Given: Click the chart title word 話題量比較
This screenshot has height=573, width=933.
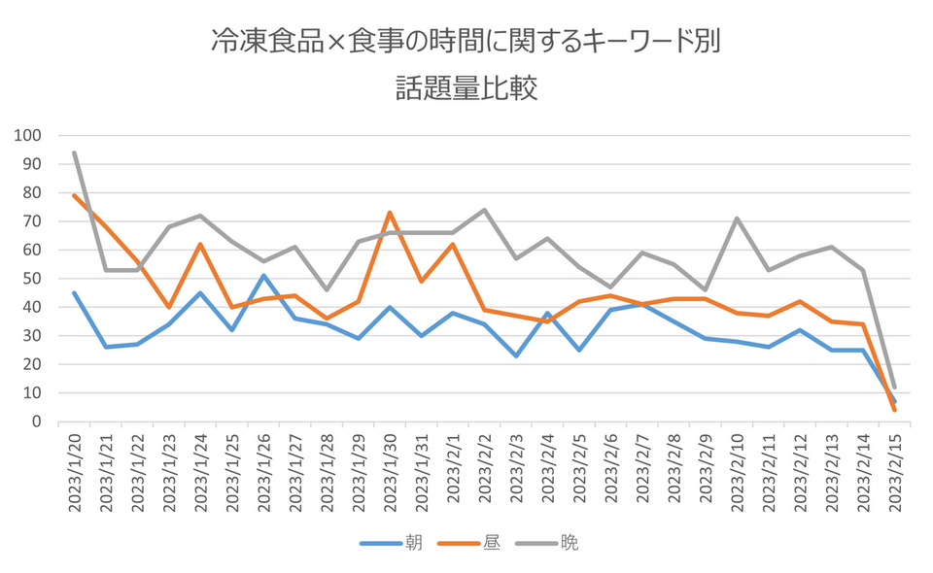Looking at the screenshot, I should (466, 89).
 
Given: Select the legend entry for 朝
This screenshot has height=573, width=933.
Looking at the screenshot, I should (413, 543).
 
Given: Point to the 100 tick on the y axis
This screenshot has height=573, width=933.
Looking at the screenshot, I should (29, 135).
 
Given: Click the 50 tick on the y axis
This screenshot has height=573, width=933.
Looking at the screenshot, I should (33, 279).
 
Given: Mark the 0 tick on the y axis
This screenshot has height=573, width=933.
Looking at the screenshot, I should (37, 421).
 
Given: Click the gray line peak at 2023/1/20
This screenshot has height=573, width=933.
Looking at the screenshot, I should (75, 152).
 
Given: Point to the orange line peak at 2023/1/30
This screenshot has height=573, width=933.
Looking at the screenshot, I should (390, 213).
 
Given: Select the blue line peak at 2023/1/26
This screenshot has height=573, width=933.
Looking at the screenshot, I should (263, 276).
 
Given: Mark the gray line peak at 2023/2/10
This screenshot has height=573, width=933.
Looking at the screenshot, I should (737, 219).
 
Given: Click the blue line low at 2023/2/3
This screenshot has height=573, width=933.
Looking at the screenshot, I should (516, 355).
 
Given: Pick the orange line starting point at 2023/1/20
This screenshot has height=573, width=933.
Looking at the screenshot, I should (75, 195).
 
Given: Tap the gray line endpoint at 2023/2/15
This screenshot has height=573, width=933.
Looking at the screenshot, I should (894, 388).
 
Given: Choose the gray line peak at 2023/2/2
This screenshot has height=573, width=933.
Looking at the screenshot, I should (484, 210).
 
